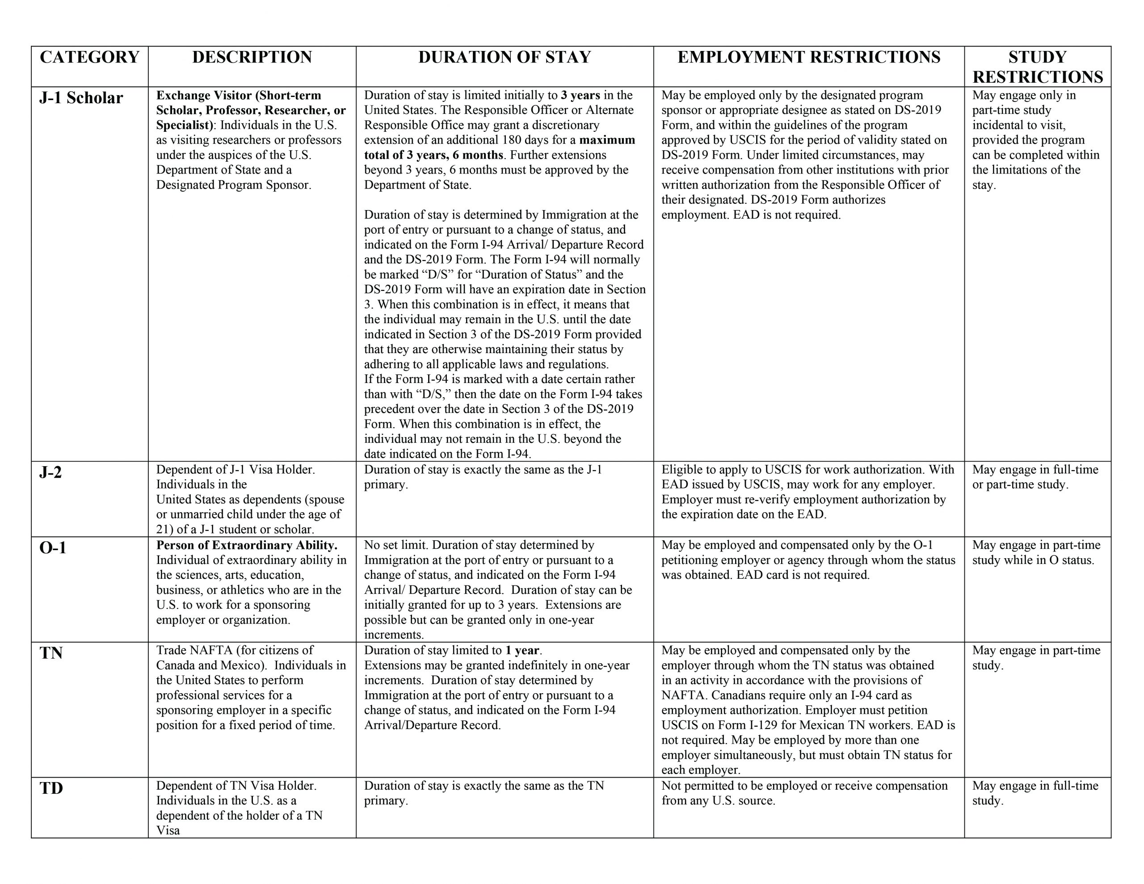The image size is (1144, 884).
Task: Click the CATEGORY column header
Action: [89, 57]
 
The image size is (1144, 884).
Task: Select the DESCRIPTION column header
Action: [252, 57]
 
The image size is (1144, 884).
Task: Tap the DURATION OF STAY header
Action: [505, 57]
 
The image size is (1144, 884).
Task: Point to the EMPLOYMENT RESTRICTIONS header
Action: [809, 57]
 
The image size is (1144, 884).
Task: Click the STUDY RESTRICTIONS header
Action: [1037, 67]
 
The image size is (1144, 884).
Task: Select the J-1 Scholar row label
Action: [81, 98]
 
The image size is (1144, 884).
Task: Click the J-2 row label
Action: [51, 473]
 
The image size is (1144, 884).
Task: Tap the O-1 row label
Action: [53, 548]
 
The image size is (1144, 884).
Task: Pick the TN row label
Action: [51, 653]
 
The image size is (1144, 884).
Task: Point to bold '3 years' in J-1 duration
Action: [580, 95]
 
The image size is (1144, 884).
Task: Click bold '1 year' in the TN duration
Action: [522, 650]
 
